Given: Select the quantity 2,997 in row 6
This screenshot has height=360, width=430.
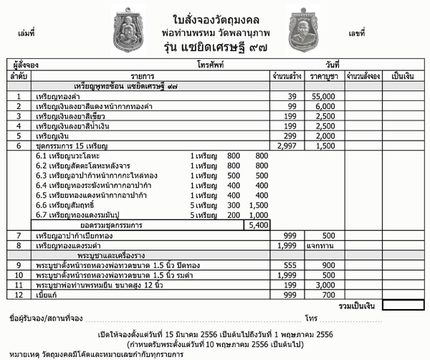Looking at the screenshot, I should pyautogui.click(x=285, y=146).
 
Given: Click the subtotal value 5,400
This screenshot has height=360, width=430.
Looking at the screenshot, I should pyautogui.click(x=256, y=224).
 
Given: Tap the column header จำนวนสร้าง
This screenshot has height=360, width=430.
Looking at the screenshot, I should pyautogui.click(x=286, y=75).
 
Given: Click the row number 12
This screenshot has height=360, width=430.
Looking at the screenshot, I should pyautogui.click(x=19, y=295).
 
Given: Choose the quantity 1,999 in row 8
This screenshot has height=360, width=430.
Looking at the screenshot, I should pyautogui.click(x=286, y=245).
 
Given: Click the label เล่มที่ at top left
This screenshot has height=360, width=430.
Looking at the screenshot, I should pyautogui.click(x=24, y=32).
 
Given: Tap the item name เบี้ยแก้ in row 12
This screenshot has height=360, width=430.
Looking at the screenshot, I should pyautogui.click(x=49, y=295).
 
